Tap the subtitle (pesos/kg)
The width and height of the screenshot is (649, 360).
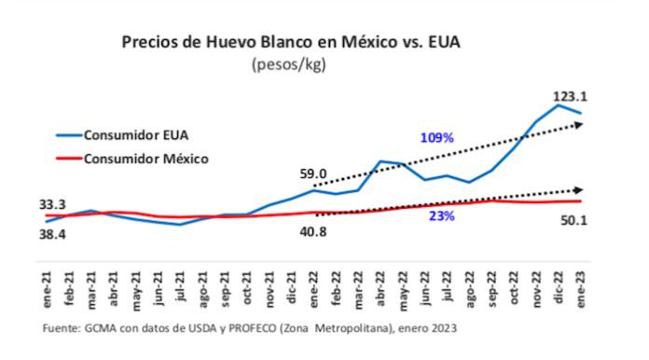292,64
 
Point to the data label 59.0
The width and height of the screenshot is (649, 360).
313,173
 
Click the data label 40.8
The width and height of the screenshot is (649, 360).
313,231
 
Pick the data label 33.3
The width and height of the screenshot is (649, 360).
52,204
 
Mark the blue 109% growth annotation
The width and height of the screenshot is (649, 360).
436,138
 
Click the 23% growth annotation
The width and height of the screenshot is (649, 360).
442,216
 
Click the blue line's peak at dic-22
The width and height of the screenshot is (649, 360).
559,105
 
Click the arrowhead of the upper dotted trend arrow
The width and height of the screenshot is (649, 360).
581,124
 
